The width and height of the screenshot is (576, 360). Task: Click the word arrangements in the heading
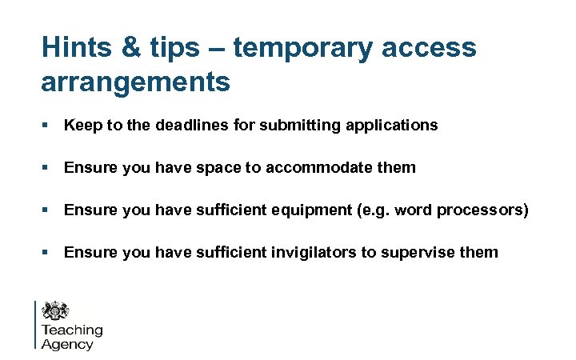135,82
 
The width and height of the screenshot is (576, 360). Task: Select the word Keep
81,125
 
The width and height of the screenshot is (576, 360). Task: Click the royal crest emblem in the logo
55,311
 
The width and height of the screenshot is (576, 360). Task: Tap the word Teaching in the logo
72,330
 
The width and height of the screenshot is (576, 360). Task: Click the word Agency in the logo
67,345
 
